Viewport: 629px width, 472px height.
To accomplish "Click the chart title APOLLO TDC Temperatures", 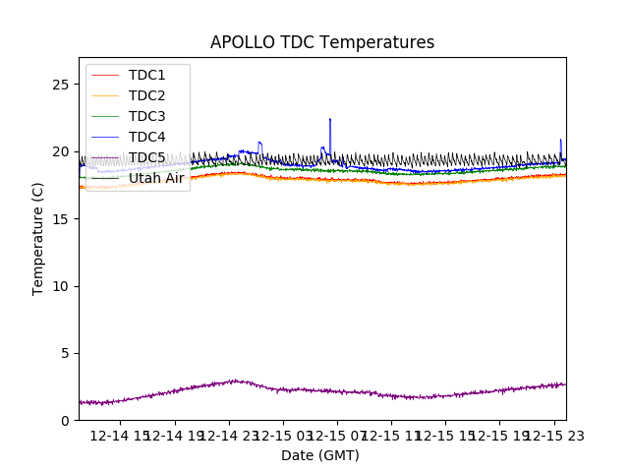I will tap(321, 42).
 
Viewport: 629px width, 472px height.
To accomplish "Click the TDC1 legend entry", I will tap(146, 75).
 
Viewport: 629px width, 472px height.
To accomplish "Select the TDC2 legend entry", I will tap(146, 95).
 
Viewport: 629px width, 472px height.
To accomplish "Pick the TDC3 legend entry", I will tap(146, 116).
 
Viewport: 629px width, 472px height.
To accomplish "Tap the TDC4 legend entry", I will tap(146, 137).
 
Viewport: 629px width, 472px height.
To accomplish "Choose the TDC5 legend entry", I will tap(146, 157).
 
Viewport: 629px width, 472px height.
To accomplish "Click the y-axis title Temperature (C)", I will tap(38, 238).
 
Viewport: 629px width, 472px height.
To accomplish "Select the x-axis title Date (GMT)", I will tap(320, 455).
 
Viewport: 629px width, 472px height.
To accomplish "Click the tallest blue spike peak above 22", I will tap(329, 119).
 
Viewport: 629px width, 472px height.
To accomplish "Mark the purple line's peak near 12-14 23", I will tap(234, 380).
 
